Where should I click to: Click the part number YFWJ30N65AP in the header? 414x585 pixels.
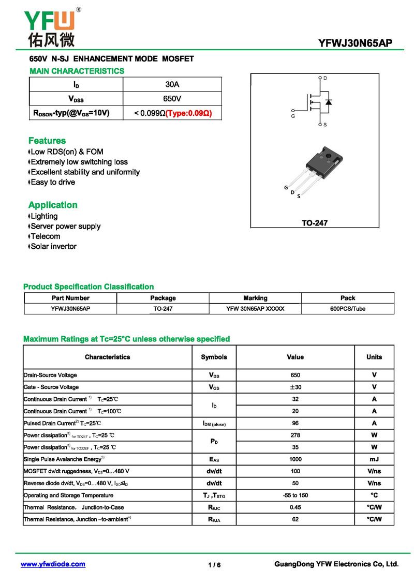pyautogui.click(x=356, y=43)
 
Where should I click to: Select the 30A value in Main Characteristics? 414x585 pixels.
pyautogui.click(x=172, y=84)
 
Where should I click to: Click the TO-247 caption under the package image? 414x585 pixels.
pyautogui.click(x=315, y=223)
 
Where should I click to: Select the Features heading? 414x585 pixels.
pyautogui.click(x=47, y=141)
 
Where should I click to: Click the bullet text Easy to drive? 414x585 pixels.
pyautogui.click(x=53, y=182)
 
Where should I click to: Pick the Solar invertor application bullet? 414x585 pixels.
pyautogui.click(x=53, y=246)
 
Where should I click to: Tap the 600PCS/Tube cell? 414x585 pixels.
pyautogui.click(x=348, y=309)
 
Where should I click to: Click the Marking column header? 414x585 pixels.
pyautogui.click(x=255, y=298)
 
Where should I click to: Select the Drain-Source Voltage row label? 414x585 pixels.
pyautogui.click(x=50, y=375)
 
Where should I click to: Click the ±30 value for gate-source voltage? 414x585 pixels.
pyautogui.click(x=295, y=387)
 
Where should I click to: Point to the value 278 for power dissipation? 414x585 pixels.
pyautogui.click(x=295, y=435)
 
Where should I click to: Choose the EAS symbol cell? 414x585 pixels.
pyautogui.click(x=214, y=459)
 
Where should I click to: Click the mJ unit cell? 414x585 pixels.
pyautogui.click(x=374, y=459)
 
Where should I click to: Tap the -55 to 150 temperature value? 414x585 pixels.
pyautogui.click(x=295, y=495)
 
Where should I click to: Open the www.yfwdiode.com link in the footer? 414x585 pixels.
pyautogui.click(x=53, y=564)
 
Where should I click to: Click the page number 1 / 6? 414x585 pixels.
pyautogui.click(x=214, y=565)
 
